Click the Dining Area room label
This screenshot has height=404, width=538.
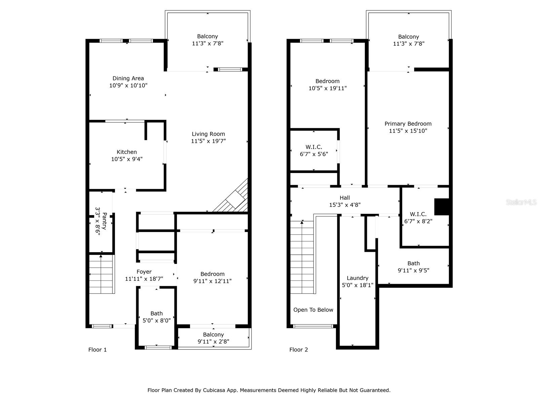tap(128, 78)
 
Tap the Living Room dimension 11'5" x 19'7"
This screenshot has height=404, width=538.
tap(208, 141)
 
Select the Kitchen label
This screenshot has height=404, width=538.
tap(127, 152)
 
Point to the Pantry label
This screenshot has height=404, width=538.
tap(104, 221)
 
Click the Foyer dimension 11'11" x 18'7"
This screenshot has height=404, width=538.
tap(144, 279)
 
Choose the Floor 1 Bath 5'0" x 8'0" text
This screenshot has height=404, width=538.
tap(157, 317)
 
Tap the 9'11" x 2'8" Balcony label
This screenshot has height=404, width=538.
tap(214, 338)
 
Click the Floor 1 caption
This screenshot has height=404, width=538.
tap(98, 350)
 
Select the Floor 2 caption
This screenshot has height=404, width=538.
tap(299, 350)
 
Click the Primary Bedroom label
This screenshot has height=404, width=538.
tap(408, 124)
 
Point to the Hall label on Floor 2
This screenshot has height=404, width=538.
tap(345, 198)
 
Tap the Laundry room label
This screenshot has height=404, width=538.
tap(358, 278)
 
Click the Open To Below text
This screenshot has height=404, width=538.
tap(313, 310)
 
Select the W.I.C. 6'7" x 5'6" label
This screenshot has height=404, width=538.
tap(314, 150)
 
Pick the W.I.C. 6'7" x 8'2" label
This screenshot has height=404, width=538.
tap(418, 218)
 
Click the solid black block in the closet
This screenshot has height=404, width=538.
tap(442, 207)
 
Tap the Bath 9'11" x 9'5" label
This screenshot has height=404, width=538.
tap(414, 267)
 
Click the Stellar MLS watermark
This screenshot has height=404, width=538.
tap(521, 202)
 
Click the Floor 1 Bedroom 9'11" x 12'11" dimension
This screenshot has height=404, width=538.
tap(213, 281)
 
